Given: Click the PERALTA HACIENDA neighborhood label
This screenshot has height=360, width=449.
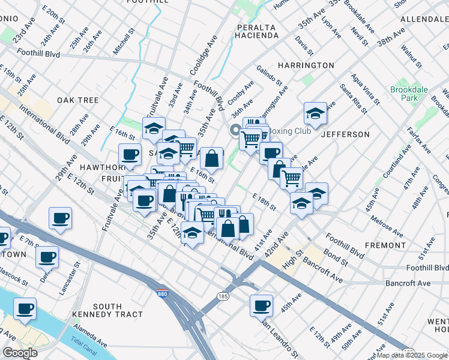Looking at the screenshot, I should point(257,32).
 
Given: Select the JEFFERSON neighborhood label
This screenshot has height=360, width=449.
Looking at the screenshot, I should point(345,134).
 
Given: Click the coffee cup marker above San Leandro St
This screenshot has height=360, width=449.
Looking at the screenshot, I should point(262,305).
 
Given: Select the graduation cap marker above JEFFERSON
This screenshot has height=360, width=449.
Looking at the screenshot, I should point(315,112).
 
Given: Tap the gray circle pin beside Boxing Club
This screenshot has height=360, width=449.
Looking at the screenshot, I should point(234,131).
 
